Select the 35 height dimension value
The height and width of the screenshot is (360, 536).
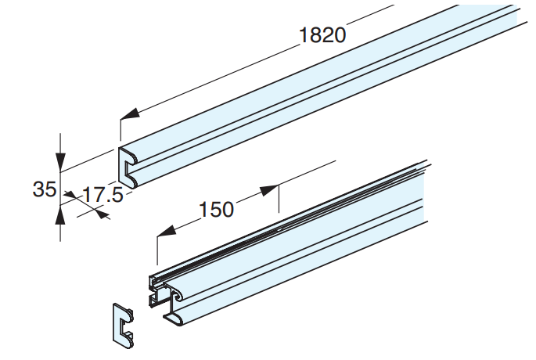coord(44,189)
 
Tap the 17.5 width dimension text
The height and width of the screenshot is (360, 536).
coord(103,195)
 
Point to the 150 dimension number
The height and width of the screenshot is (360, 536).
coord(217,210)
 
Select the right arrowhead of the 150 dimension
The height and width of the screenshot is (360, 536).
coord(268,189)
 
